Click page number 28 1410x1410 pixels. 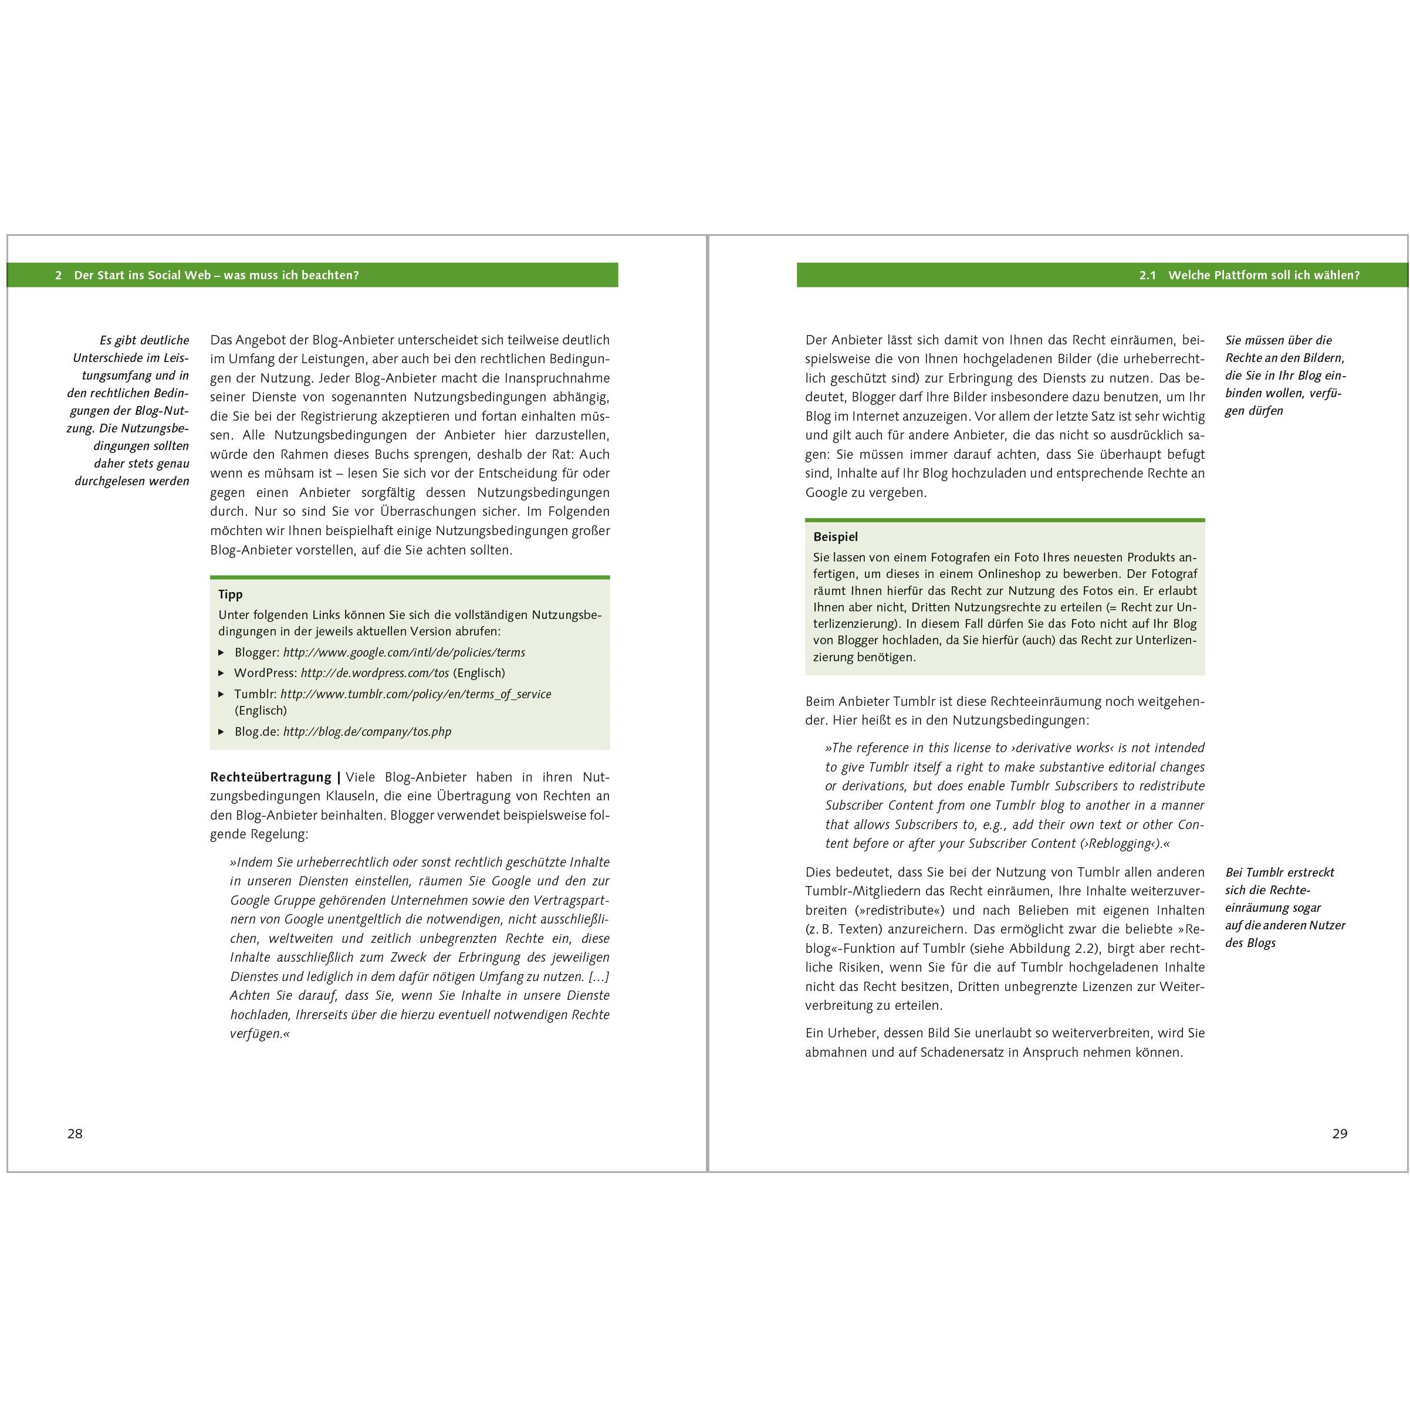[x=75, y=1134]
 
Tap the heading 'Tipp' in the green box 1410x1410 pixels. [x=230, y=594]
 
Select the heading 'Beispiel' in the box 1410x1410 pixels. [x=835, y=536]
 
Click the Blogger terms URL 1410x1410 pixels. [x=404, y=652]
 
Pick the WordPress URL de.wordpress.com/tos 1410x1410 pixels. [x=374, y=673]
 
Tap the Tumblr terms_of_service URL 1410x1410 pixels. [x=415, y=694]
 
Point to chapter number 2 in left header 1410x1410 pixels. [x=59, y=275]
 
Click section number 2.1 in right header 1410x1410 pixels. [x=1147, y=275]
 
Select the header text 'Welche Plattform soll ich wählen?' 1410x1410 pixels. [x=1263, y=275]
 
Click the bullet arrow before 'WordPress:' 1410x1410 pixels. [x=221, y=673]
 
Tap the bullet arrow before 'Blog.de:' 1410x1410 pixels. [x=221, y=731]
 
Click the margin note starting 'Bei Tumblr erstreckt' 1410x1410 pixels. [x=1284, y=907]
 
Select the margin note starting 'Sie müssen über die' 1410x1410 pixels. [x=1284, y=375]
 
